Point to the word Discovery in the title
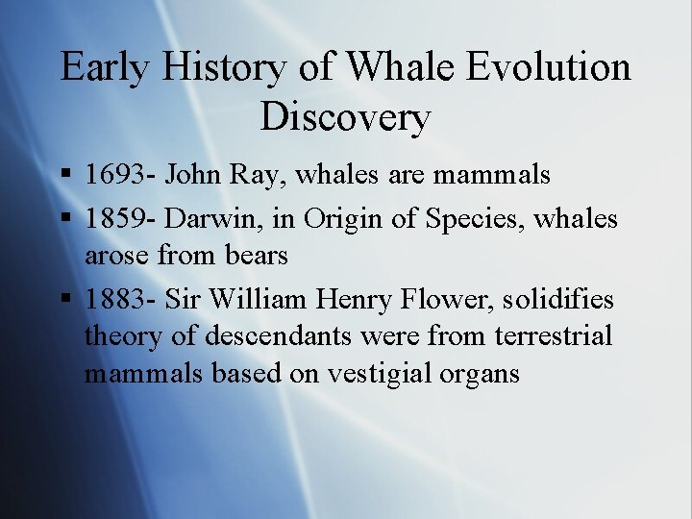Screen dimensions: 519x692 tap(345, 116)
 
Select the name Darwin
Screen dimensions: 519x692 tap(209, 218)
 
